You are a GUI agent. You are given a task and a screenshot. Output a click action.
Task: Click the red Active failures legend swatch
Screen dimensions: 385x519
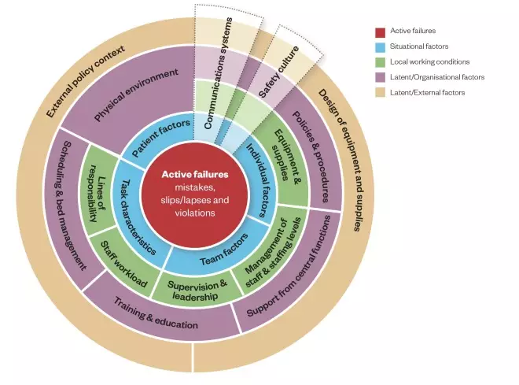point(380,32)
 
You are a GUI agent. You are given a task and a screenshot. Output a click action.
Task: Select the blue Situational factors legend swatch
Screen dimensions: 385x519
point(380,47)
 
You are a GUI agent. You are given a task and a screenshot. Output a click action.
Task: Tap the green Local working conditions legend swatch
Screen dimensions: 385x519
point(380,62)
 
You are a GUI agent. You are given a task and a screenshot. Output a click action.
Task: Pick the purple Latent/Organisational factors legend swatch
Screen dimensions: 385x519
point(380,77)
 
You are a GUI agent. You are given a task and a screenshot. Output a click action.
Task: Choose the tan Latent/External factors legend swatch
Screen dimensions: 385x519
point(380,92)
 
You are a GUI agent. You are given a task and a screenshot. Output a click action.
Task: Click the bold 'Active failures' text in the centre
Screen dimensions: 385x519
point(193,174)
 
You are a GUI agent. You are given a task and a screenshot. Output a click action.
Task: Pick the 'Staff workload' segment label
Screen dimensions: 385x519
point(120,268)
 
